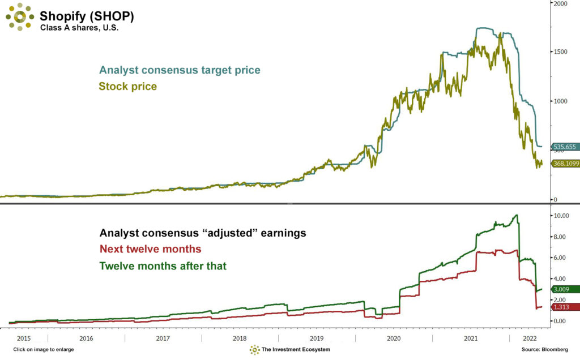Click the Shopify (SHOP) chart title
[87, 16]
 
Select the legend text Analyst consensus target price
[180, 70]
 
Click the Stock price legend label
[127, 87]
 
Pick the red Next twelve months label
[150, 249]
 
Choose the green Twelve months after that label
[163, 265]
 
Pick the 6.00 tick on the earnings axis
[560, 258]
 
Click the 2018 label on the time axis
[240, 338]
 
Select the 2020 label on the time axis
[393, 338]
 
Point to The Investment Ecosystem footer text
[296, 350]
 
